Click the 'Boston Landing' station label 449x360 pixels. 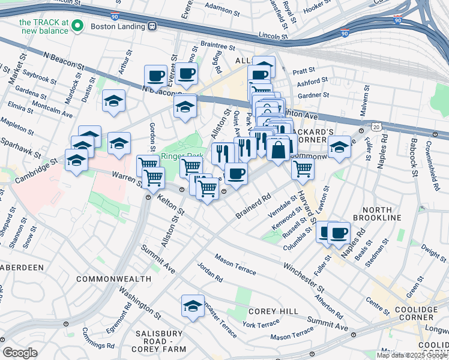point(119,26)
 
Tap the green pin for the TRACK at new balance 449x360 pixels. point(77,26)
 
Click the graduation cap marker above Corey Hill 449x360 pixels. point(193,307)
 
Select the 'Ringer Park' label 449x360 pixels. point(182,157)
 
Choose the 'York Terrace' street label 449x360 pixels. point(261,324)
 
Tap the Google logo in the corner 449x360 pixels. point(20,353)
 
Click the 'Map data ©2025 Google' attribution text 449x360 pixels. point(412,355)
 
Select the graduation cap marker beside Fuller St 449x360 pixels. point(339,147)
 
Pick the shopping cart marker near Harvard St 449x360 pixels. point(303,169)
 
